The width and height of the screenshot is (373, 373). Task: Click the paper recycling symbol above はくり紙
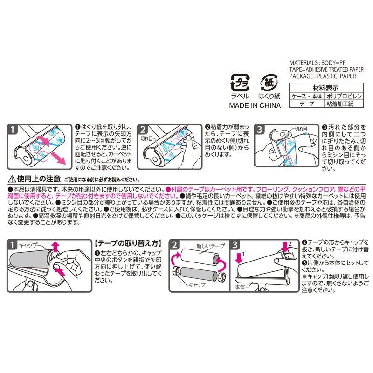click(x=269, y=83)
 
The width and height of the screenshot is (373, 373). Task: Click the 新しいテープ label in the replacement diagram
click(x=211, y=245)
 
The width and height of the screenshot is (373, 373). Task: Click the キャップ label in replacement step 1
click(x=31, y=244)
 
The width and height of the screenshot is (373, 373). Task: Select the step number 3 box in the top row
click(x=262, y=131)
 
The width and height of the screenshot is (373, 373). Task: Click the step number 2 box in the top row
click(x=143, y=131)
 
